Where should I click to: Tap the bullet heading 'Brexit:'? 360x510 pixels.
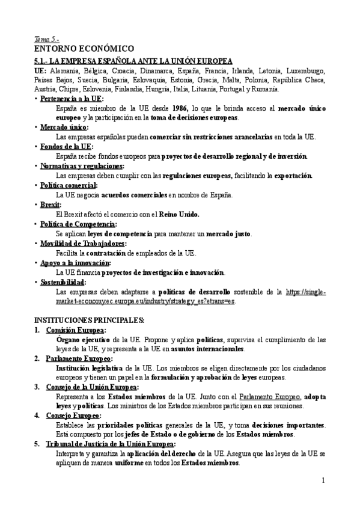click(x=52, y=204)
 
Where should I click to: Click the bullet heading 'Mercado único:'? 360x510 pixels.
click(x=64, y=127)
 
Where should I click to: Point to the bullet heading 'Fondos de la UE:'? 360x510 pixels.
click(x=66, y=146)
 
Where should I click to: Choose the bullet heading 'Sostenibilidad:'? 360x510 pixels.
click(x=63, y=281)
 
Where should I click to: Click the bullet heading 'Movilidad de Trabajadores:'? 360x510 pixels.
click(x=83, y=243)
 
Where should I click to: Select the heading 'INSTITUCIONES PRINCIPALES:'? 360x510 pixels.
click(x=89, y=320)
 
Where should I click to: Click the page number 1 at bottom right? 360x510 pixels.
click(x=323, y=480)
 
